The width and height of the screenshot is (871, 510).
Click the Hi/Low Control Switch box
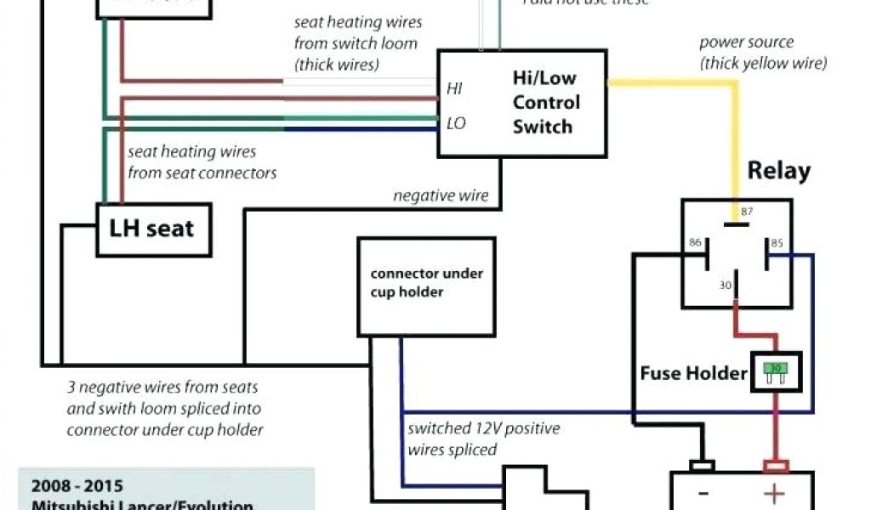click(x=521, y=103)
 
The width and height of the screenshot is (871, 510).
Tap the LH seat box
click(x=152, y=229)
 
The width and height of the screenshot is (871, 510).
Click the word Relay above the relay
click(x=778, y=171)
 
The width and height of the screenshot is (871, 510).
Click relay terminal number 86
click(x=695, y=243)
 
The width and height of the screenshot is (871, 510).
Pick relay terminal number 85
click(x=775, y=243)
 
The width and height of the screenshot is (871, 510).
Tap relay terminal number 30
click(x=726, y=286)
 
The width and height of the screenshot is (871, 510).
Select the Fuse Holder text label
click(x=694, y=373)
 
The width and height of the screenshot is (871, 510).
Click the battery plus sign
click(x=775, y=494)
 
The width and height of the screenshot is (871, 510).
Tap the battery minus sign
click(x=703, y=494)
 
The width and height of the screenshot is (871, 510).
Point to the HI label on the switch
click(x=455, y=88)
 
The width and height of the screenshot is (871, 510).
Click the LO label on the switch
click(x=456, y=124)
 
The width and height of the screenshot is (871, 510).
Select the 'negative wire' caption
click(x=441, y=196)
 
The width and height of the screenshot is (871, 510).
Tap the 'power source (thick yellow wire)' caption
click(x=762, y=53)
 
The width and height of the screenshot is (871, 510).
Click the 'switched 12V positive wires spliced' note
click(x=483, y=439)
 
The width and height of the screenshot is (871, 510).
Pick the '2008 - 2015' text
click(x=77, y=487)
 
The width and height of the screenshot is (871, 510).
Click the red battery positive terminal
click(x=775, y=466)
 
